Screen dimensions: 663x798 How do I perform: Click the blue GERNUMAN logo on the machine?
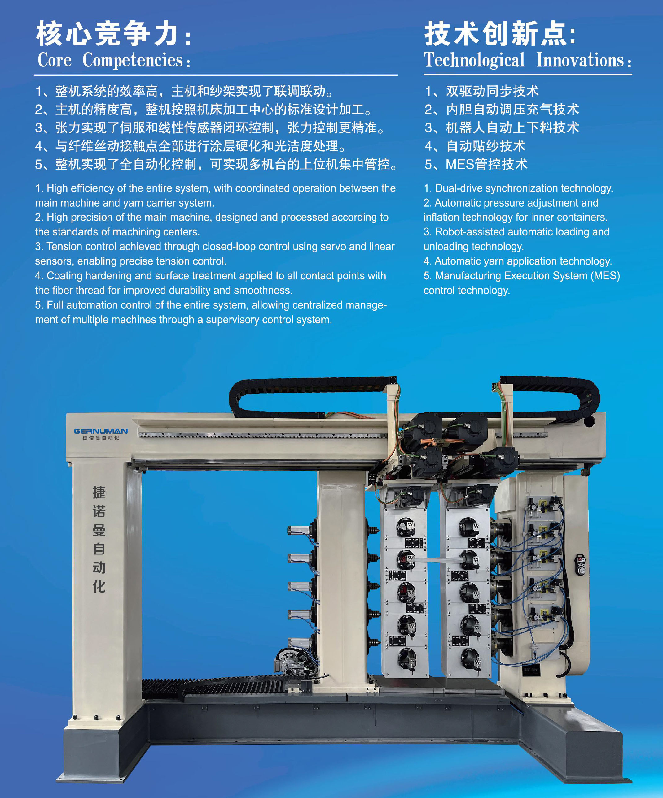[x=101, y=431]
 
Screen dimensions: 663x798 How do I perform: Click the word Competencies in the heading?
[x=133, y=60]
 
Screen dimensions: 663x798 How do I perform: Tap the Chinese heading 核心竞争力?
[x=107, y=33]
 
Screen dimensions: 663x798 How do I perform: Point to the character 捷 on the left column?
[x=99, y=493]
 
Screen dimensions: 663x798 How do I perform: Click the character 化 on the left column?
[x=99, y=586]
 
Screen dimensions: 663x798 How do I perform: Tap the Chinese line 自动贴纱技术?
[x=486, y=146]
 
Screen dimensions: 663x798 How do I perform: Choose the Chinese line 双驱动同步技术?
[x=492, y=91]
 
